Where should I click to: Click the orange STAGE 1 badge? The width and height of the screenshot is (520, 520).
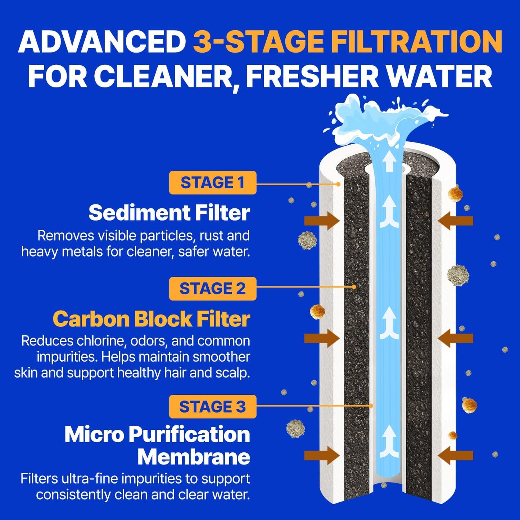pyautogui.click(x=213, y=183)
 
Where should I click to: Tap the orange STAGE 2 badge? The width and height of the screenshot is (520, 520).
pyautogui.click(x=213, y=289)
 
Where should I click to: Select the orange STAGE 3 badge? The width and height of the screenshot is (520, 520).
pyautogui.click(x=213, y=407)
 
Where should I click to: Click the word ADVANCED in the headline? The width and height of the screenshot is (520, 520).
pyautogui.click(x=102, y=42)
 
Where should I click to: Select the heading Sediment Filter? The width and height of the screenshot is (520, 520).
pyautogui.click(x=169, y=213)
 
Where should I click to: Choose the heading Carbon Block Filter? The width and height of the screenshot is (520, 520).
pyautogui.click(x=151, y=319)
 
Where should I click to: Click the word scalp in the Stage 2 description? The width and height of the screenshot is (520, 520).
pyautogui.click(x=234, y=373)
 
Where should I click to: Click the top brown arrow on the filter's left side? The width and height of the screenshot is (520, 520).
pyautogui.click(x=322, y=221)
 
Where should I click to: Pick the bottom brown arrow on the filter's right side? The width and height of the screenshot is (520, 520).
pyautogui.click(x=456, y=456)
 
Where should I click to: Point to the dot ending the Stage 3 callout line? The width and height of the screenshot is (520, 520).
pyautogui.click(x=371, y=406)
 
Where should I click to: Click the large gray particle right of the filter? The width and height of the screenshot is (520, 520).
pyautogui.click(x=458, y=275)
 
